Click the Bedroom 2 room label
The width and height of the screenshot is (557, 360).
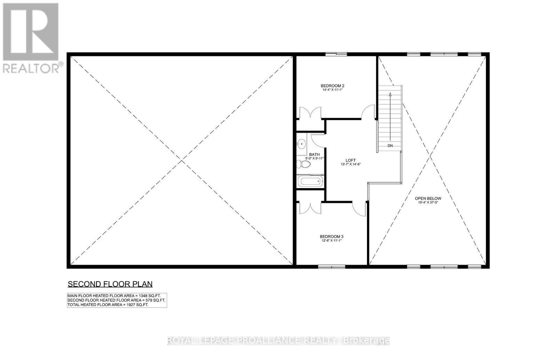(332, 86)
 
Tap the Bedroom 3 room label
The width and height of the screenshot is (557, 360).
(331, 237)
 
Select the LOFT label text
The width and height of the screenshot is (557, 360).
(351, 160)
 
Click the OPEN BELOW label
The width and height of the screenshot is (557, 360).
(428, 198)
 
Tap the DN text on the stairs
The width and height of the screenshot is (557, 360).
(390, 146)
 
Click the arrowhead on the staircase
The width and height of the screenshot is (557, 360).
(390, 94)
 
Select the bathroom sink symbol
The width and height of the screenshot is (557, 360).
(301, 143)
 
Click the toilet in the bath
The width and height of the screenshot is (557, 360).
(301, 164)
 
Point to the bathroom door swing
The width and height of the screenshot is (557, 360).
(317, 140)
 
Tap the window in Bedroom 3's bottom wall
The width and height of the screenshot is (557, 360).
(331, 267)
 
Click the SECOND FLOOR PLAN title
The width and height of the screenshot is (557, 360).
(110, 284)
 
